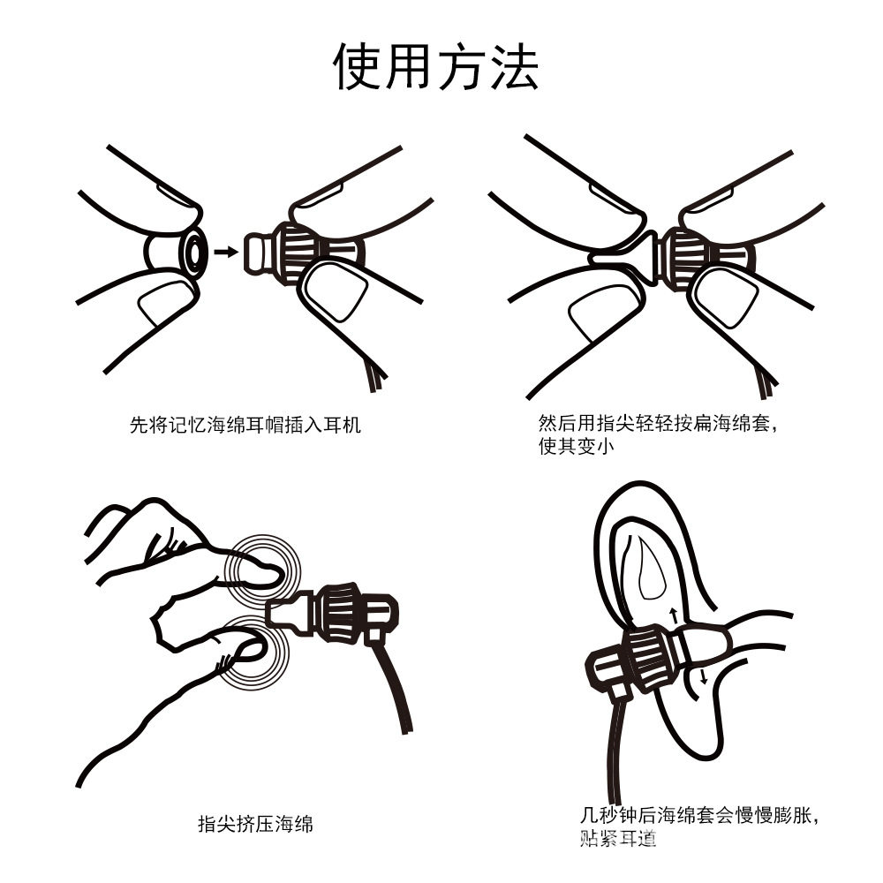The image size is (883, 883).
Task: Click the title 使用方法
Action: coord(435,65)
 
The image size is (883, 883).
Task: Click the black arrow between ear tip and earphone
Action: coord(227,252)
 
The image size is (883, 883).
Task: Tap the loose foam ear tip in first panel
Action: coord(173,252)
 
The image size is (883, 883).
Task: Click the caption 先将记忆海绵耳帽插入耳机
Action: coord(245,426)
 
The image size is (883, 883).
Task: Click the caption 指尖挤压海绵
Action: coord(255,825)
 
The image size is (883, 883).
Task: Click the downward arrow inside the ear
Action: coord(704,676)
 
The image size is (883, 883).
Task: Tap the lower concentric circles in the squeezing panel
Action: coord(256,653)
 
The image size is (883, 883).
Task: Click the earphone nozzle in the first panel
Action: coord(257,252)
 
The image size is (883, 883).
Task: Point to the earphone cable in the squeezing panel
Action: coord(396,689)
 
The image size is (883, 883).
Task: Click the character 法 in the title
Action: coord(513,65)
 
